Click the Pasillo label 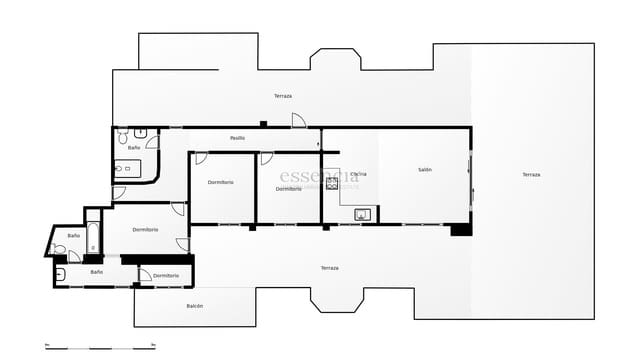tap(237, 138)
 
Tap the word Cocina tap(358, 174)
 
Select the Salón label tap(425, 170)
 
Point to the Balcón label tap(194, 306)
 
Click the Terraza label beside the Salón tap(531, 175)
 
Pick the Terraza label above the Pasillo tap(283, 96)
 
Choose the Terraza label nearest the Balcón tap(330, 268)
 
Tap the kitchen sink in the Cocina tap(362, 213)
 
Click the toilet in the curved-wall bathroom tap(122, 133)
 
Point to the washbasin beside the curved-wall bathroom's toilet tap(142, 132)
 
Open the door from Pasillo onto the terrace tap(298, 121)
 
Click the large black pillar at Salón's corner tap(460, 229)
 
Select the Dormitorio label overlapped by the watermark tap(289, 189)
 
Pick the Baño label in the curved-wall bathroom tap(134, 148)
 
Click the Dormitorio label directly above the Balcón tap(166, 275)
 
